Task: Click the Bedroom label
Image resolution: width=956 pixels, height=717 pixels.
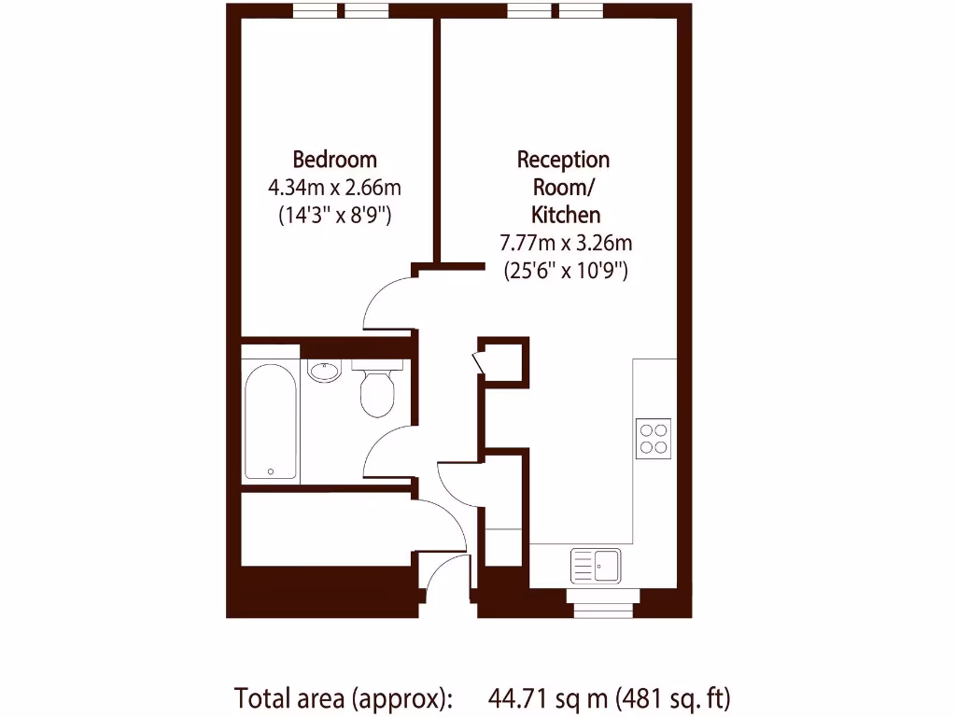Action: point(334,159)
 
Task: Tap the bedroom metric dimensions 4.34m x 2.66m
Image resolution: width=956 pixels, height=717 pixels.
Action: point(334,188)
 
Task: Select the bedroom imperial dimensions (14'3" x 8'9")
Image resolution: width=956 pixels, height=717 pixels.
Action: point(334,215)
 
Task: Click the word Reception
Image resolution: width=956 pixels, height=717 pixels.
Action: point(563,160)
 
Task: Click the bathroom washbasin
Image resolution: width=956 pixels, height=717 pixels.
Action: point(324,371)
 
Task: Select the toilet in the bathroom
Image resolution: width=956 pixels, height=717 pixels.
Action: point(377,390)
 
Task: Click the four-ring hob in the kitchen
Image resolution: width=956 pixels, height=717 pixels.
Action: point(654,438)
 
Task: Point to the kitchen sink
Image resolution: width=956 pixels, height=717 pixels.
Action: point(596,565)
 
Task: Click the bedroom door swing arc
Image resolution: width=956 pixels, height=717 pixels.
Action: point(385,301)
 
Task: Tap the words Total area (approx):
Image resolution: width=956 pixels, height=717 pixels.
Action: point(343,697)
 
